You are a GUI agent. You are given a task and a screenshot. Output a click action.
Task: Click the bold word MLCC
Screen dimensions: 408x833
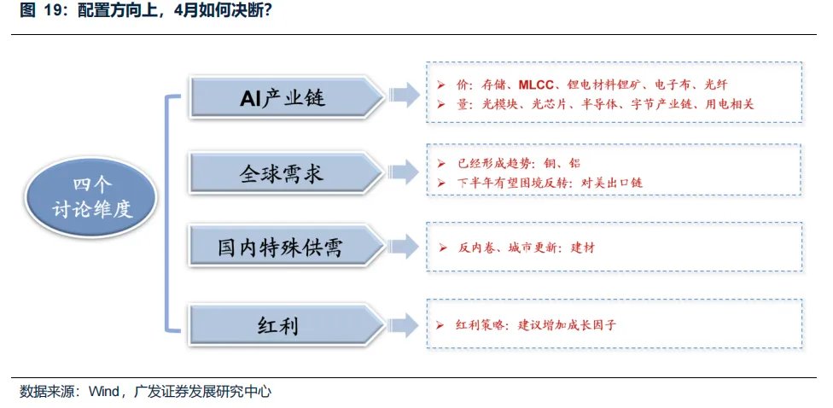coord(538,85)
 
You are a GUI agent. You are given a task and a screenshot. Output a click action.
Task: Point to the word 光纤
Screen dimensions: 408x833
coord(714,85)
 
